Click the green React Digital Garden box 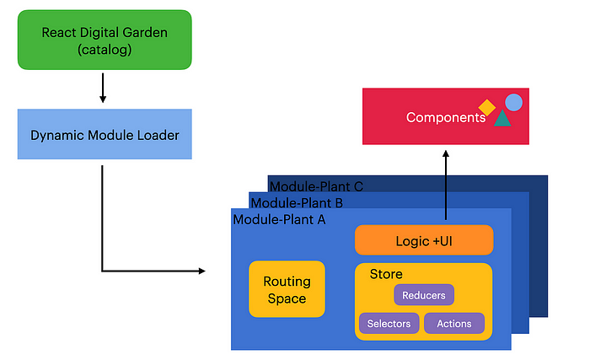(x=104, y=40)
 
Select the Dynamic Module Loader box (x=104, y=134)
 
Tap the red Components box (x=446, y=116)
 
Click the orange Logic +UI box (x=424, y=241)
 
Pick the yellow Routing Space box (x=287, y=289)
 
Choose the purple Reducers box (x=424, y=295)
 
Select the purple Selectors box (x=389, y=324)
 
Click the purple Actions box (x=454, y=324)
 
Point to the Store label (x=386, y=274)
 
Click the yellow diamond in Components (x=486, y=107)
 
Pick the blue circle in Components (x=513, y=102)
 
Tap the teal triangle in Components (x=502, y=120)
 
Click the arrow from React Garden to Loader (x=103, y=88)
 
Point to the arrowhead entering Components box (x=446, y=153)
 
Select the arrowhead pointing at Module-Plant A (x=201, y=271)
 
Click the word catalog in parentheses (x=104, y=49)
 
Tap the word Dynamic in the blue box (x=56, y=135)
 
